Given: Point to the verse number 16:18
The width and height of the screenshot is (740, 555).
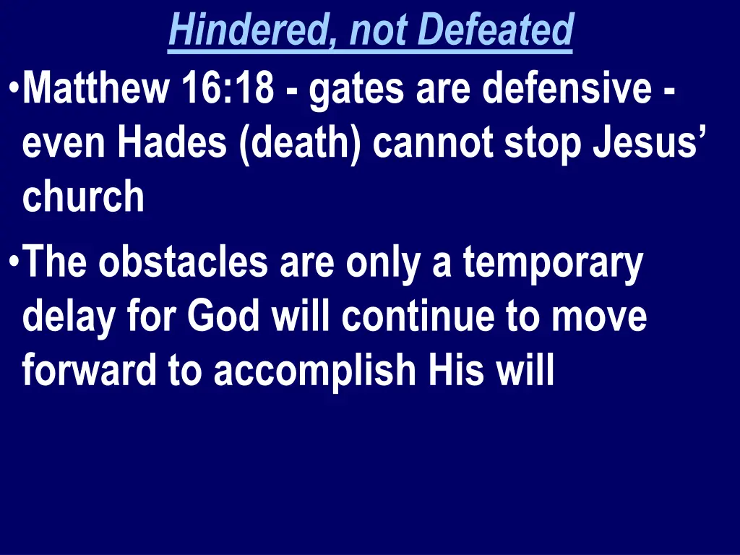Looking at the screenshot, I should [229, 90].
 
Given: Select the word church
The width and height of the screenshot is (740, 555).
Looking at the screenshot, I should [83, 197].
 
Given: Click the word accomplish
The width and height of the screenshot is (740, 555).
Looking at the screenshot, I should [315, 371].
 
